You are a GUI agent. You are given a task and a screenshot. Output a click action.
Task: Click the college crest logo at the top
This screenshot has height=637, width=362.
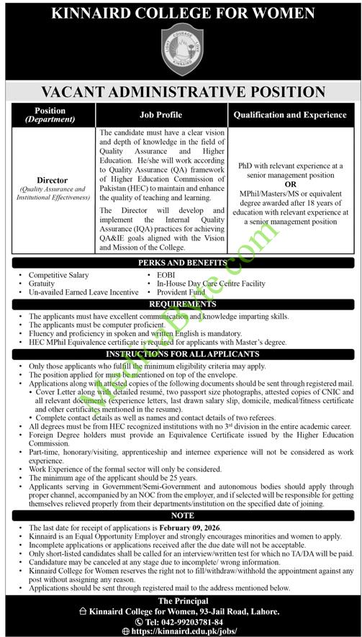point(181,48)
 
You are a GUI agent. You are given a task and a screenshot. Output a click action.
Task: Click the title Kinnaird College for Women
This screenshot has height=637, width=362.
point(181,12)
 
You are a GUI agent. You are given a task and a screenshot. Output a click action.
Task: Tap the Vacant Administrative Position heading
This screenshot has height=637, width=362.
point(181,91)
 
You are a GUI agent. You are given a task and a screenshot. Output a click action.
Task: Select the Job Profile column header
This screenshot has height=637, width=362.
point(160,115)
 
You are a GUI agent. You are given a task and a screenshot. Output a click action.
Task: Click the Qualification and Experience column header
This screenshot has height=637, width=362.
point(291,115)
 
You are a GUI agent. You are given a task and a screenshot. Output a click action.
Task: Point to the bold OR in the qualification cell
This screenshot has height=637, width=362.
point(291,183)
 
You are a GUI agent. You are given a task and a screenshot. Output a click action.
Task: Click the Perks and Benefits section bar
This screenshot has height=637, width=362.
point(181,264)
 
